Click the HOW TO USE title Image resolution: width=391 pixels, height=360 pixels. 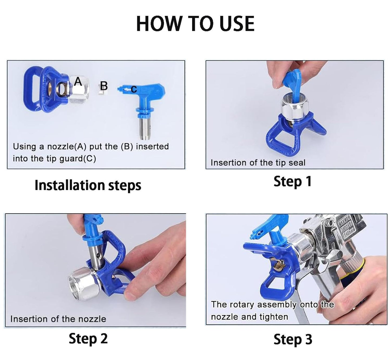tap(195, 24)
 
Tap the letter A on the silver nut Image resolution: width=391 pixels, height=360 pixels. tap(78, 81)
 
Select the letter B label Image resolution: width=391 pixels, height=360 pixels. tap(104, 86)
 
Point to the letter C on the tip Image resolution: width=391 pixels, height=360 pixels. tap(134, 89)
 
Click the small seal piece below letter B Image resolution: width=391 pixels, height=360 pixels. tap(101, 93)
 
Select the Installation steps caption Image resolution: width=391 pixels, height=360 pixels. tap(88, 185)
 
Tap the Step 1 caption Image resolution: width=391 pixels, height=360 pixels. tap(293, 181)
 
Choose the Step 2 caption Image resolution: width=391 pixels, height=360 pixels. tap(88, 339)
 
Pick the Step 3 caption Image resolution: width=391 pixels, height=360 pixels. tap(293, 339)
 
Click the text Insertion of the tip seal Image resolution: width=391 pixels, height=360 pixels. tap(258, 163)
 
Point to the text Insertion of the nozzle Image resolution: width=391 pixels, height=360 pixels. tap(58, 319)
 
